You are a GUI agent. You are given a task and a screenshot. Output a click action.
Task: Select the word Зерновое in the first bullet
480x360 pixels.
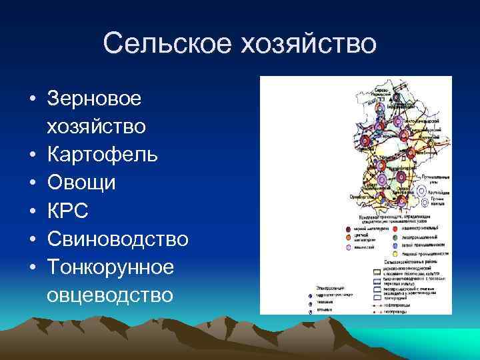(x=94, y=99)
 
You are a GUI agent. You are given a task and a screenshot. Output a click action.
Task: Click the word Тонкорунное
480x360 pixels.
(x=111, y=267)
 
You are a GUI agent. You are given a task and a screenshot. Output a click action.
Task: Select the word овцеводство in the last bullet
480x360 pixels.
(x=110, y=295)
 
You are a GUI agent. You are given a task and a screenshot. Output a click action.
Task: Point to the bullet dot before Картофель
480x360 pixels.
(x=33, y=155)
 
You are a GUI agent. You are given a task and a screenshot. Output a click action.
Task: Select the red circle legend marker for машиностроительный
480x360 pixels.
(x=395, y=229)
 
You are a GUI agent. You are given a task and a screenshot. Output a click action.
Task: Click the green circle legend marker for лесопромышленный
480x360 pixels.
(x=395, y=237)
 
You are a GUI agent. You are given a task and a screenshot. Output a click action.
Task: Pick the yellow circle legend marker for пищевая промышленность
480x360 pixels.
(x=395, y=254)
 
